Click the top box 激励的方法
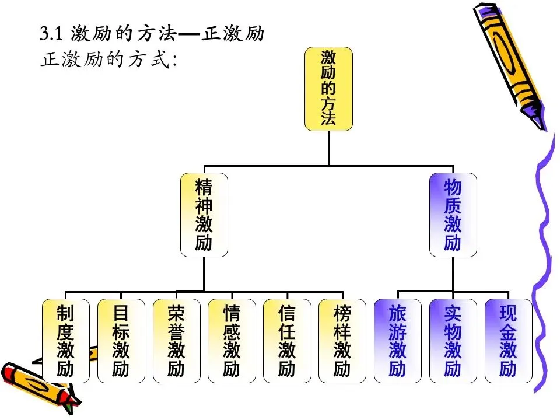tap(328, 89)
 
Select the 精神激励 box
tap(204, 215)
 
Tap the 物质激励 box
tap(453, 215)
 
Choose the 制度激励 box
tap(65, 341)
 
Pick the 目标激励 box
tap(121, 341)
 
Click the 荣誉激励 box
tap(176, 341)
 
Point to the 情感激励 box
tap(232, 341)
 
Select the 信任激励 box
tap(287, 341)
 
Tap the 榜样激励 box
tap(342, 341)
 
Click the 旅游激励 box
tap(397, 341)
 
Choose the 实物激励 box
tap(453, 341)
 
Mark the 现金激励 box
tap(508, 341)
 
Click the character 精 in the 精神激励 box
tap(204, 187)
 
